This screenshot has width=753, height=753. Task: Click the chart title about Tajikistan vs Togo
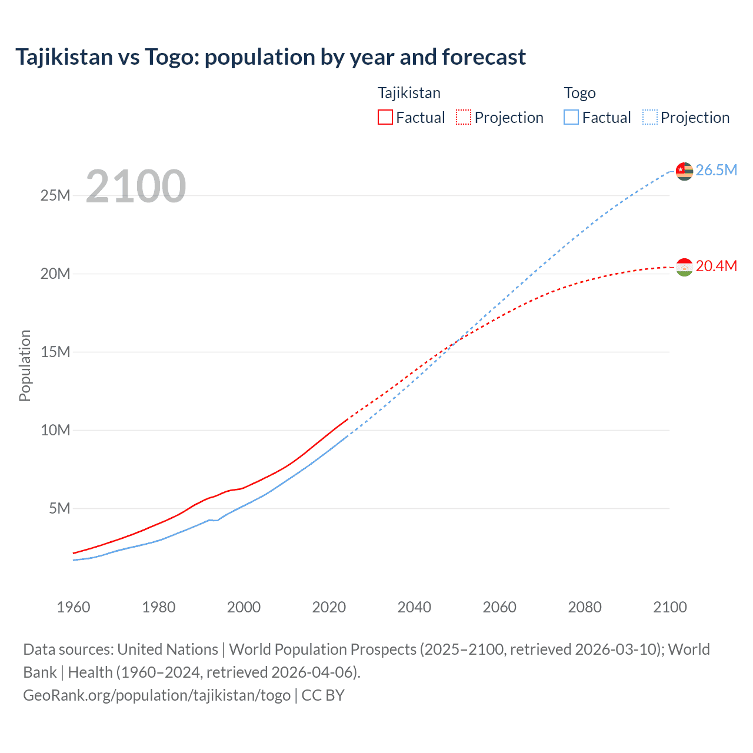(x=271, y=57)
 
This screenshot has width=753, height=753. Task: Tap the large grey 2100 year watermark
(x=136, y=186)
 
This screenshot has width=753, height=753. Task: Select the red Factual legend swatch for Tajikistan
(x=385, y=118)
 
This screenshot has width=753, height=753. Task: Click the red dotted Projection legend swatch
(x=464, y=118)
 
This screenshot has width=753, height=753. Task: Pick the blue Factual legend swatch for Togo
(x=571, y=118)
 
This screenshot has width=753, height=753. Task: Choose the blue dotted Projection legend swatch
(x=650, y=118)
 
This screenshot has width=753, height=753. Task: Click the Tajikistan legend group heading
(x=409, y=93)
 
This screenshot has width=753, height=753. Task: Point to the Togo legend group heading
(x=579, y=93)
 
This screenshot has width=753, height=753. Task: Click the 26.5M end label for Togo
(x=716, y=170)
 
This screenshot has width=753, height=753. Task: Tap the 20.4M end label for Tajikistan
(x=716, y=266)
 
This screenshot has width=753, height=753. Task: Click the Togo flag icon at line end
(x=684, y=171)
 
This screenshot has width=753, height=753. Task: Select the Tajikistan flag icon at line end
(x=684, y=267)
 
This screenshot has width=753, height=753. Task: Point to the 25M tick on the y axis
(x=55, y=195)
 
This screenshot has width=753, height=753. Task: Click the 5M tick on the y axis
(x=59, y=508)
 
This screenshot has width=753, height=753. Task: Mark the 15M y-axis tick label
(x=55, y=352)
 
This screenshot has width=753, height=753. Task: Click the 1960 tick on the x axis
(x=74, y=607)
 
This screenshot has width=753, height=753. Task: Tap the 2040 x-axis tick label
(x=414, y=607)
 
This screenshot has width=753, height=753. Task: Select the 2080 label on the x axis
(x=585, y=607)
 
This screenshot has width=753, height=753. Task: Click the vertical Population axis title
(x=25, y=365)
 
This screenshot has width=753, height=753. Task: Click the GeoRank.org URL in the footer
(x=157, y=695)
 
